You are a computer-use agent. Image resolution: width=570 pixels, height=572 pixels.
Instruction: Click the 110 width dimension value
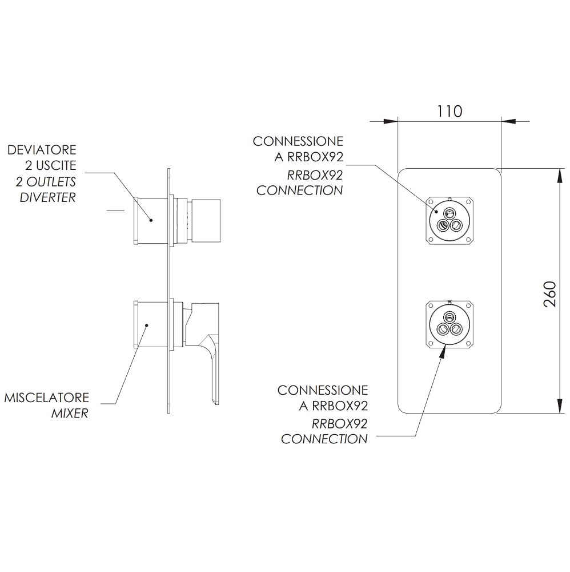[x=449, y=112]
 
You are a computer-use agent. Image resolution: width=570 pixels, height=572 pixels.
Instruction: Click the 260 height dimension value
[x=549, y=294]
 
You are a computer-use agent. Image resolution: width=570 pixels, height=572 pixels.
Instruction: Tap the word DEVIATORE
[x=42, y=150]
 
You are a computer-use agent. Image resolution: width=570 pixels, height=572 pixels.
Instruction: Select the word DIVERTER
[x=48, y=197]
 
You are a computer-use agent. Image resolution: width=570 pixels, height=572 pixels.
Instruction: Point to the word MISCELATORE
[x=46, y=398]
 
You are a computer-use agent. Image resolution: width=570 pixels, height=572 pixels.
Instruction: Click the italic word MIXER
[x=70, y=414]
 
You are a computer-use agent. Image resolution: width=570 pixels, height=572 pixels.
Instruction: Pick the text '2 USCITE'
[x=51, y=166]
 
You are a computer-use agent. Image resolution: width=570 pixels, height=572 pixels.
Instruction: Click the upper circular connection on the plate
[x=449, y=220]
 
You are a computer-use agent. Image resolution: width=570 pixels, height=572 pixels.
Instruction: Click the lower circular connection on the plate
[x=449, y=324]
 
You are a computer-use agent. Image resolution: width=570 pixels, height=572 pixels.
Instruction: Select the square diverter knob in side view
[x=206, y=221]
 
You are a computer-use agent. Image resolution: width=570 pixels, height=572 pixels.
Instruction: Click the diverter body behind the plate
[x=151, y=220]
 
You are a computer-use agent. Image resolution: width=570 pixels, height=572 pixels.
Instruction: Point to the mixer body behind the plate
[x=151, y=324]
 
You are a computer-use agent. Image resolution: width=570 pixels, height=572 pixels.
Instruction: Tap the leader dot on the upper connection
[x=436, y=211]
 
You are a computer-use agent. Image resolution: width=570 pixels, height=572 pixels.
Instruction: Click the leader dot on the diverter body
[x=151, y=220]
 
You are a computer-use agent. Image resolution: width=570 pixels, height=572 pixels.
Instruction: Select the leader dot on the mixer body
[x=146, y=325]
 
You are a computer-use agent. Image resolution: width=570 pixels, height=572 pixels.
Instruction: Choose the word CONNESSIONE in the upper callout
[x=298, y=141]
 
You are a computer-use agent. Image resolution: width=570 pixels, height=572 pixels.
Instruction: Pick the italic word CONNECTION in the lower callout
[x=324, y=439]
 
